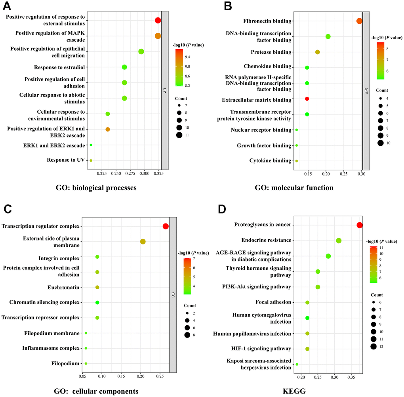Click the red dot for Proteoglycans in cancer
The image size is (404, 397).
pyautogui.click(x=359, y=225)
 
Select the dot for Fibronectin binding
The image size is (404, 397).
pyautogui.click(x=359, y=21)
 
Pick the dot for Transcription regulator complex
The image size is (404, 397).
pyautogui.click(x=166, y=226)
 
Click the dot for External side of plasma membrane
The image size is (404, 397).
pyautogui.click(x=143, y=242)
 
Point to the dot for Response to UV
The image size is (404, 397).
pyautogui.click(x=91, y=160)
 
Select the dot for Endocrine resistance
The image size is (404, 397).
pyautogui.click(x=339, y=240)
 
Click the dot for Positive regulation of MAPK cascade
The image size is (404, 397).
pyautogui.click(x=158, y=36)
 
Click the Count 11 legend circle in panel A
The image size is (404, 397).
pyautogui.click(x=179, y=135)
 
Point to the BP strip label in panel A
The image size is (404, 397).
pyautogui.click(x=165, y=90)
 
